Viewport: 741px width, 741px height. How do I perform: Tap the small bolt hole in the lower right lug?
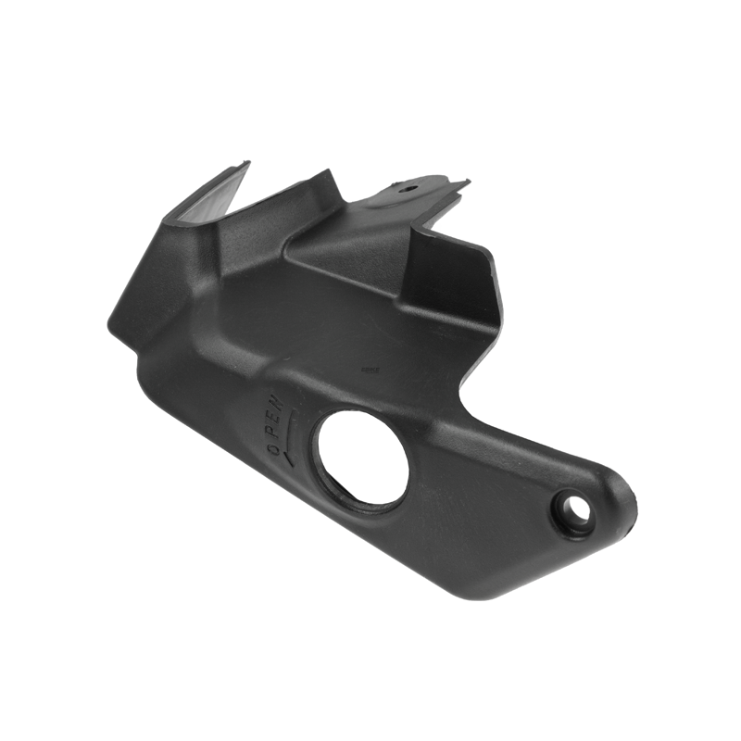pyautogui.click(x=577, y=508)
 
